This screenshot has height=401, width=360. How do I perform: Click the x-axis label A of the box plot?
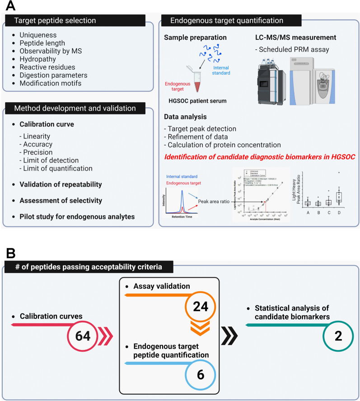coord(308,211)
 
